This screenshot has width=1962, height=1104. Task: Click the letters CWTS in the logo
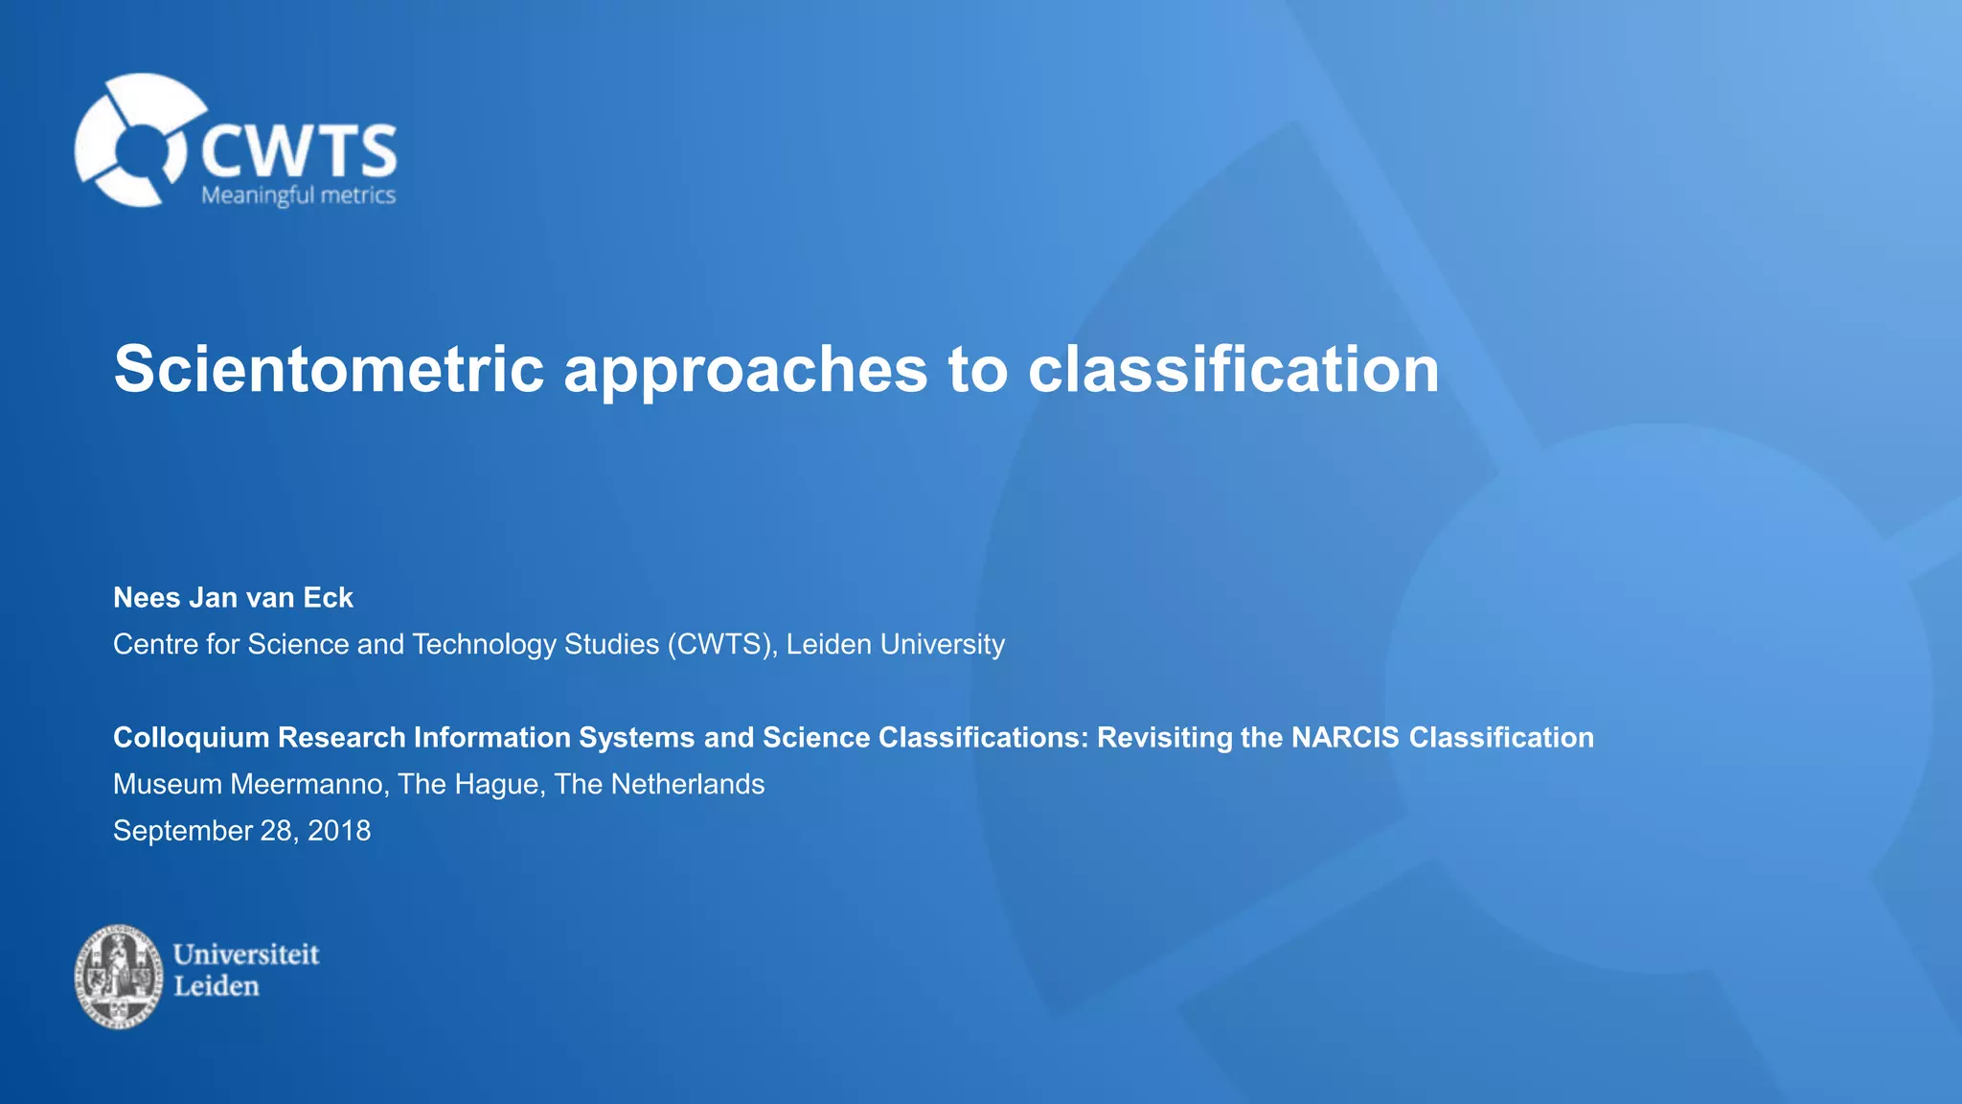coord(299,151)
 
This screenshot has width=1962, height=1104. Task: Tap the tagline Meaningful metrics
coord(298,195)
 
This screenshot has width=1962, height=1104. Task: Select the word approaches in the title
coord(745,371)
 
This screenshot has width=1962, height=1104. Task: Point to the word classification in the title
coord(1233,369)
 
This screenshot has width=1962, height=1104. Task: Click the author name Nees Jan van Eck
coord(233,598)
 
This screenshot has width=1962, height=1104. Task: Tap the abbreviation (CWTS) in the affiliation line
coord(721,644)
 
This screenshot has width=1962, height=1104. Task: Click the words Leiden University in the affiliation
coord(895,644)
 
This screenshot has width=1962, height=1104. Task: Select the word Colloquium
coord(192,738)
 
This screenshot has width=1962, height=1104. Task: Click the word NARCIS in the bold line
coord(1345,738)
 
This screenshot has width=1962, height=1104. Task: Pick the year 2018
coord(338,830)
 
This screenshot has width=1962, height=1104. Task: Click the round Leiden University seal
coord(119,976)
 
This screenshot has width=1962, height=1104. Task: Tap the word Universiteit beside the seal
coord(245,954)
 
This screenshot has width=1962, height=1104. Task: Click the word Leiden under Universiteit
coord(216,986)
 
